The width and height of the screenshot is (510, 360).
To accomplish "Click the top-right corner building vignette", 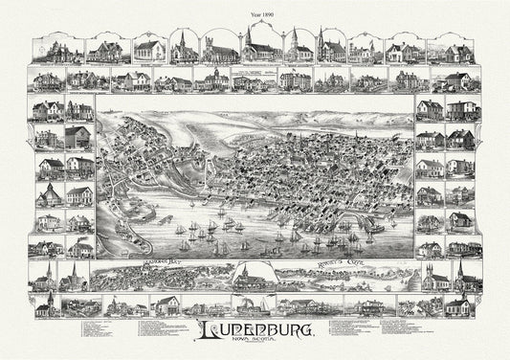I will [x=458, y=52].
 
